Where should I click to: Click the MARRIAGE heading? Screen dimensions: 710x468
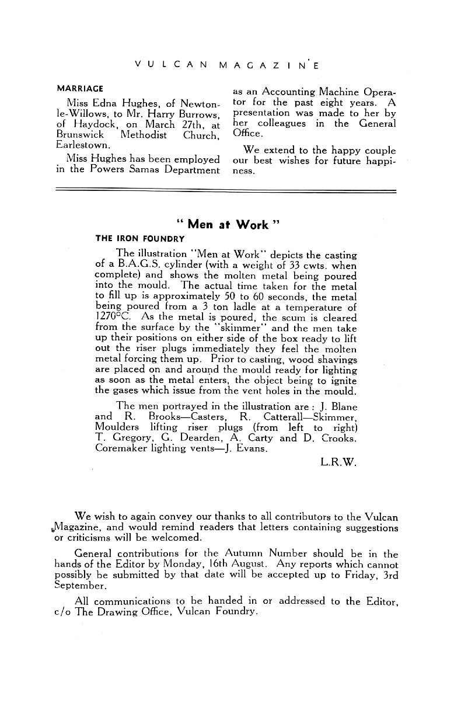tap(79, 89)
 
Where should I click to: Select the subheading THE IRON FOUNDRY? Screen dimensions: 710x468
tap(140, 239)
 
